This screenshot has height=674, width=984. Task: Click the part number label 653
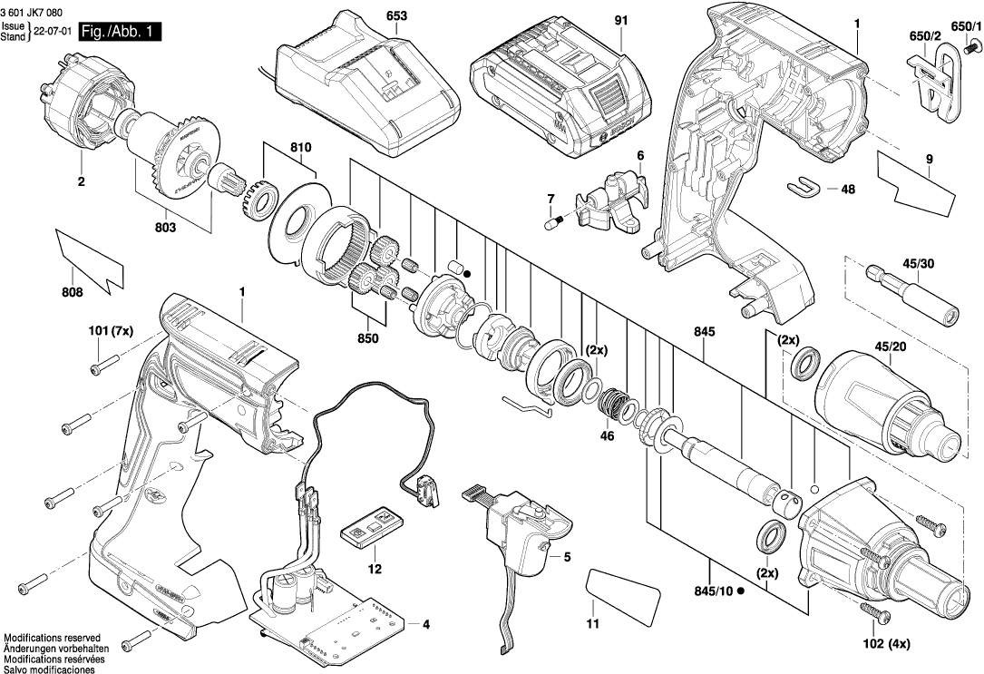pos(396,15)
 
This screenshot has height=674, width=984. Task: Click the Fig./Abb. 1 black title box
pos(119,32)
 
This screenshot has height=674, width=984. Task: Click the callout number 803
pos(165,227)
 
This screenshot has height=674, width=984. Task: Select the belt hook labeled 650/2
pos(935,88)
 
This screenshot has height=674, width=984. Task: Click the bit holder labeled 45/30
pos(911,295)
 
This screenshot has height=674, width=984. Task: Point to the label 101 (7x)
pos(111,331)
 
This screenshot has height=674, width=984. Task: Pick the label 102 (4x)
pos(885,643)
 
